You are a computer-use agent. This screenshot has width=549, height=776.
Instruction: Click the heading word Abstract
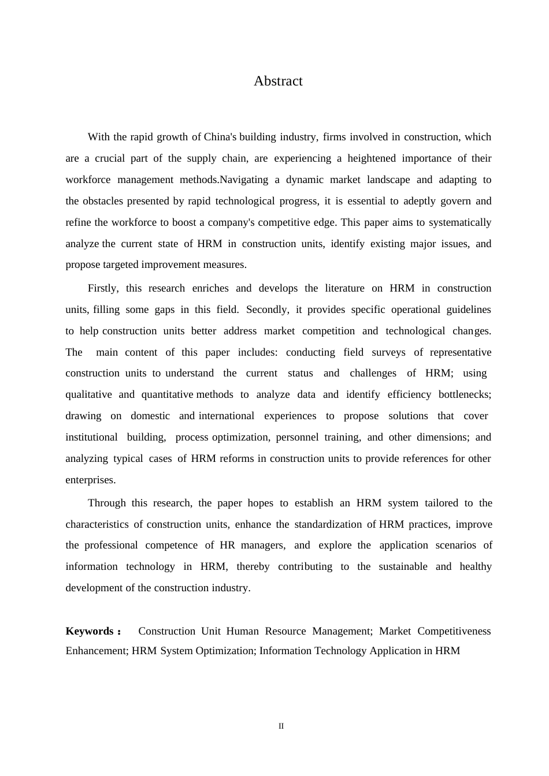pyautogui.click(x=278, y=81)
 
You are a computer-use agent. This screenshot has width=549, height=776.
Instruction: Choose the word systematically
pyautogui.click(x=459, y=222)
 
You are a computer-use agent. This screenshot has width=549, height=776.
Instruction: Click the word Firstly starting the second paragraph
pyautogui.click(x=103, y=288)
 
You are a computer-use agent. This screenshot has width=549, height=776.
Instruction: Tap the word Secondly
pyautogui.click(x=267, y=309)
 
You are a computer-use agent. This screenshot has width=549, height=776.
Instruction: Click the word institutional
pyautogui.click(x=91, y=437)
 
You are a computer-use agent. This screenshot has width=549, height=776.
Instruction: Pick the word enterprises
pyautogui.click(x=90, y=480)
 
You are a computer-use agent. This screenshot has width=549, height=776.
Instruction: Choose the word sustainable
pyautogui.click(x=403, y=566)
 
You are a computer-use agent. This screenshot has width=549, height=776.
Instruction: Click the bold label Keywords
pyautogui.click(x=90, y=631)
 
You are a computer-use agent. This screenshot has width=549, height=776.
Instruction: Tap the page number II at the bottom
pyautogui.click(x=281, y=726)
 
